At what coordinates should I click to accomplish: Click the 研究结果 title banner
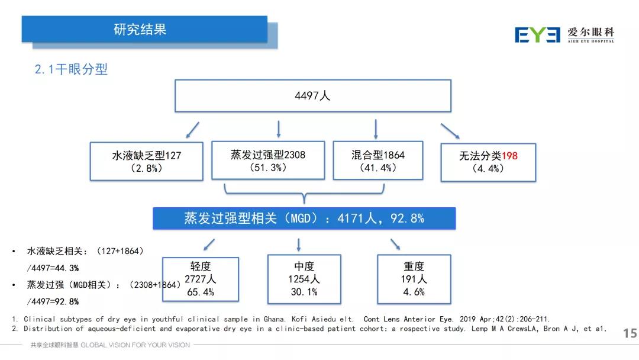[x=144, y=29]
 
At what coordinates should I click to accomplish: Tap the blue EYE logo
[x=537, y=34]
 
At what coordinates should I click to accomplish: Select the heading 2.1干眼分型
[x=71, y=69]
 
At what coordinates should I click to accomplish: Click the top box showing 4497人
[x=312, y=95]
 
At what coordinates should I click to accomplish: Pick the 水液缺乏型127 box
[x=146, y=162]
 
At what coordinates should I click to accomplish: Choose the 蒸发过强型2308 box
[x=267, y=160]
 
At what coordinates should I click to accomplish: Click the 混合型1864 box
[x=377, y=160]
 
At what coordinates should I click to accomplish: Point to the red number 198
[x=509, y=156]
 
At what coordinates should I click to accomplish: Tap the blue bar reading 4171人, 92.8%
[x=304, y=218]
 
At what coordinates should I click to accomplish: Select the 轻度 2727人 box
[x=201, y=279]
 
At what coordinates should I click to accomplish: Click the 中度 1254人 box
[x=304, y=279]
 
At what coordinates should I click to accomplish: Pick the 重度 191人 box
[x=414, y=279]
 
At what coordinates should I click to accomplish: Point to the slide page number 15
[x=630, y=334]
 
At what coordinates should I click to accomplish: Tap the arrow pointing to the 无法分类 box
[x=451, y=131]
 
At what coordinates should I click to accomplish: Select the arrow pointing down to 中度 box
[x=299, y=245]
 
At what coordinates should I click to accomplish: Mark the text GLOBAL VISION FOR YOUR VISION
[x=135, y=345]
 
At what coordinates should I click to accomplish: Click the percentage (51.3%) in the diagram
[x=267, y=168]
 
